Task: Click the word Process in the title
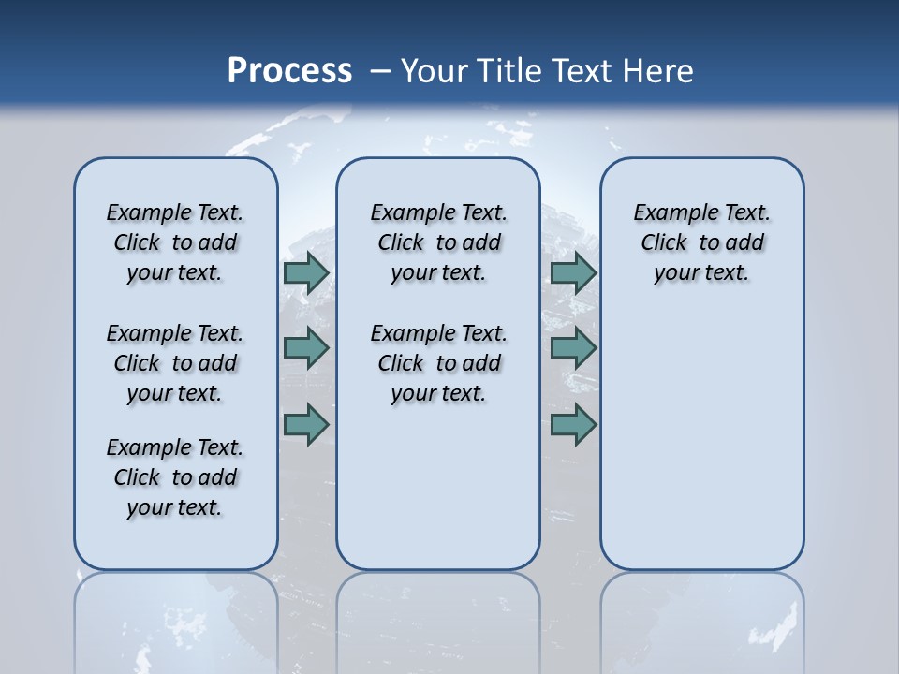pos(289,71)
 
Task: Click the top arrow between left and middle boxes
pos(305,273)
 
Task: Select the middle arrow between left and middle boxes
pos(305,348)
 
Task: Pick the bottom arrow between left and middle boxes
pos(305,424)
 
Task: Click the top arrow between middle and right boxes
pos(573,273)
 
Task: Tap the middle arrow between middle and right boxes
pos(573,348)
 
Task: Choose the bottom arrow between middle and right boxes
pos(573,424)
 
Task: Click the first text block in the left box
pos(175,242)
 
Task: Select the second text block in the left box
pos(175,363)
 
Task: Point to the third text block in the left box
pos(175,477)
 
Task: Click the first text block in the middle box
pos(438,242)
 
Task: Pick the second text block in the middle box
pos(438,363)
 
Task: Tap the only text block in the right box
pos(701,242)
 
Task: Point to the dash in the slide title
pos(380,71)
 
